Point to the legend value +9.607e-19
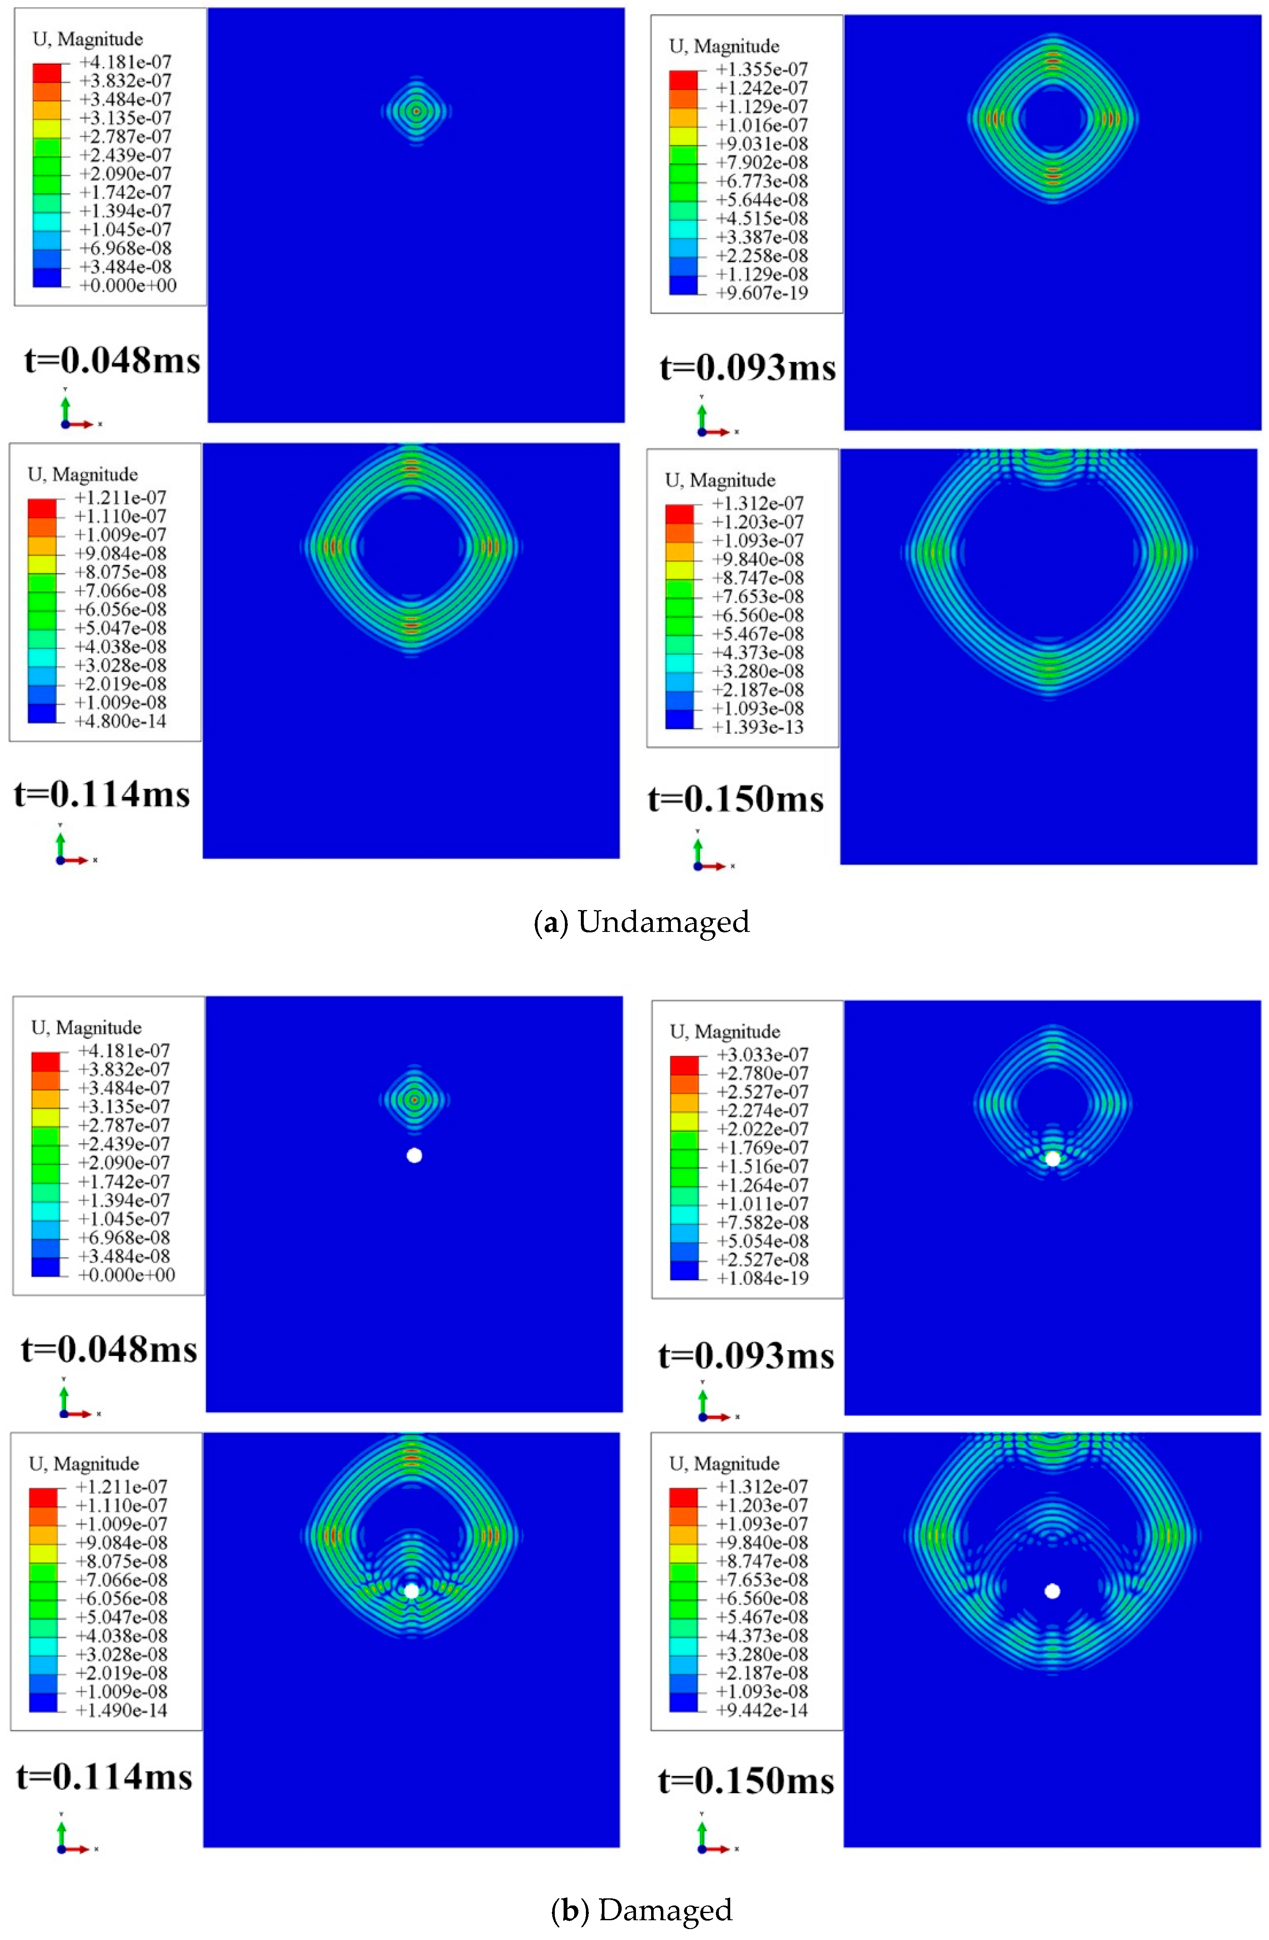[x=761, y=293]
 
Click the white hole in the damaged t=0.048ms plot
[x=414, y=1155]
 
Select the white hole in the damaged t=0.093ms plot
[x=1053, y=1158]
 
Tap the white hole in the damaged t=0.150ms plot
[x=1052, y=1590]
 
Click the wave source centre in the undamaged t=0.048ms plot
[x=416, y=111]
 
